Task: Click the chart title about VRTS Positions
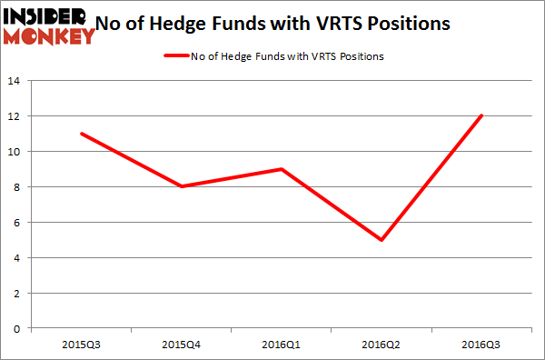pos(273,24)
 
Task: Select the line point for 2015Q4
pos(183,186)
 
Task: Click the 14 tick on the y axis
pos(17,81)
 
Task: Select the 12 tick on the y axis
pos(17,116)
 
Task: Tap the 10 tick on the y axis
pos(17,152)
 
